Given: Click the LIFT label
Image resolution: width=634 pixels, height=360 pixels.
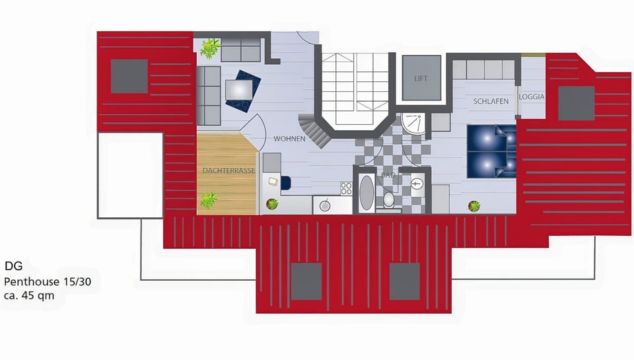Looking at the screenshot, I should pos(421,79).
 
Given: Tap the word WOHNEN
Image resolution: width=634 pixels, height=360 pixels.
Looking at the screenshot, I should pos(290,139).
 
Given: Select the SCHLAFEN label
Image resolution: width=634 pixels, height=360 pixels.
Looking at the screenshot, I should pos(491,101).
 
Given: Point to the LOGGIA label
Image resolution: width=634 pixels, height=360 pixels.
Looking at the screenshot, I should pos(532,96).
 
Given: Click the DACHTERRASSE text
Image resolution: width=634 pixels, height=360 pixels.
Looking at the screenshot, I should pos(229,170).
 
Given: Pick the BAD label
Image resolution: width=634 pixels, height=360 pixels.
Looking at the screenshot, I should pos(388,176).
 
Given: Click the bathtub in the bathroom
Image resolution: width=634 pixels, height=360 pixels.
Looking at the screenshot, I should pos(366,192).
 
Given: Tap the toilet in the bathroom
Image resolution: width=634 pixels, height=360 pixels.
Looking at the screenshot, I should pos(388,199).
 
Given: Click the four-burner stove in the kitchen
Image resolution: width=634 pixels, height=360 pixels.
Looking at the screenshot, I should pos(346,188).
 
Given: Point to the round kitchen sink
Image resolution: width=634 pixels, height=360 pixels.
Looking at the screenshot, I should pos(325,205).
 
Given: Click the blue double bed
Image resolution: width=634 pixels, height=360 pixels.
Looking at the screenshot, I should pos(491,151).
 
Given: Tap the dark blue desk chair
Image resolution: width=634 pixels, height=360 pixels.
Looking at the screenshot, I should pos(285,182).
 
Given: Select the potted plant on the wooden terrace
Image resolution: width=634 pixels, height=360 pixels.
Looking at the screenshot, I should pos(209,199).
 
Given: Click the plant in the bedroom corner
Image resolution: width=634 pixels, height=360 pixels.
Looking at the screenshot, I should pos(474,206).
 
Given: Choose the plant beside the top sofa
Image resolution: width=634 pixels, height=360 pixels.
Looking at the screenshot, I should pos(211,48).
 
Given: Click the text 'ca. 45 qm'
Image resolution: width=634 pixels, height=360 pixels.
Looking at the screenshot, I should pos(29,296).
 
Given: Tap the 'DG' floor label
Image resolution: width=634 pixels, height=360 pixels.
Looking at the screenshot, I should pos(14,267).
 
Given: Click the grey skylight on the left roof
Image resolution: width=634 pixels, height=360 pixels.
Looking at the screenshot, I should pos(129,76).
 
